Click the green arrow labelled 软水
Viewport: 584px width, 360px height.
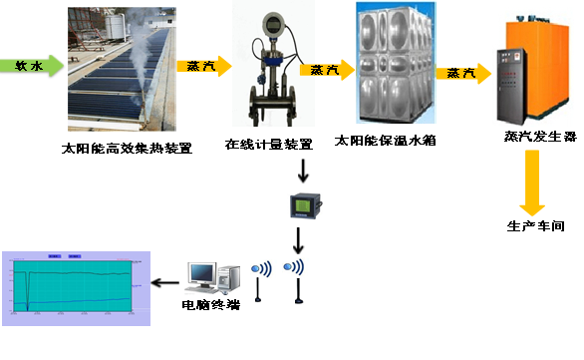coord(32,67)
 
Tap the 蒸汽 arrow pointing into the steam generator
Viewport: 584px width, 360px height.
coord(463,73)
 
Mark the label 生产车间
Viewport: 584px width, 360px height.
coord(535,226)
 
